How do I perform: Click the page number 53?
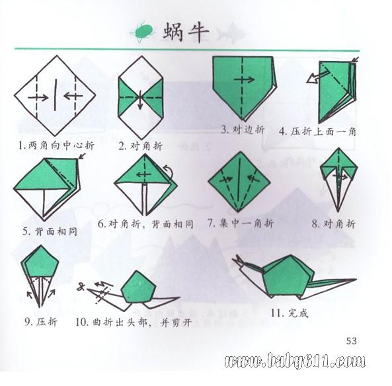coord(351,341)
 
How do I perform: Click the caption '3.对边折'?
coord(243,130)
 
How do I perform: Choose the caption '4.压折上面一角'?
coord(317,131)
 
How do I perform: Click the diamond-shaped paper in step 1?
coord(56,96)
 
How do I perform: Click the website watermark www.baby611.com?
coord(294,361)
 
